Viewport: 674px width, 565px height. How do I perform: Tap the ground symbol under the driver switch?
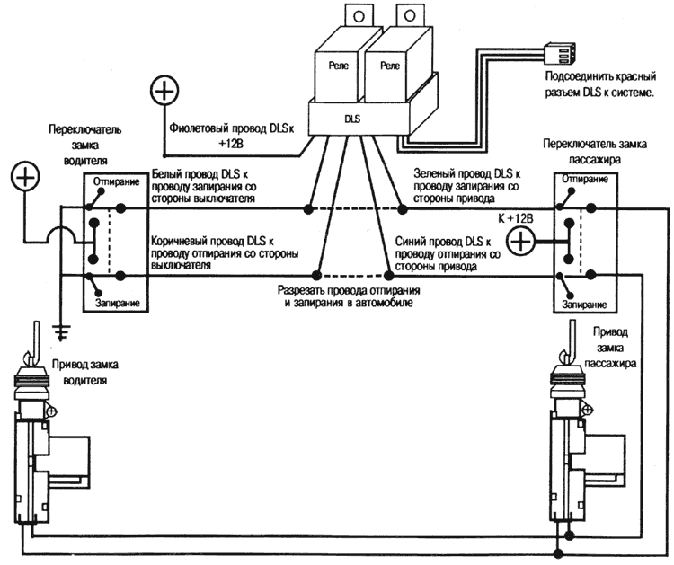(61, 331)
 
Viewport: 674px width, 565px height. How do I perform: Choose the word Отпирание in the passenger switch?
(586, 179)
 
